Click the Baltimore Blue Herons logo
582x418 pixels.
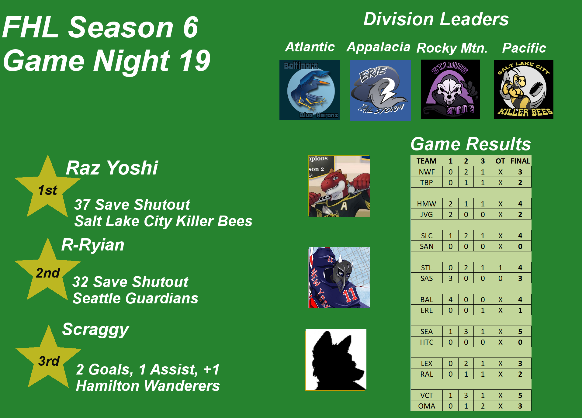[x=310, y=90]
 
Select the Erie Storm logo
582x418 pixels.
[x=380, y=90]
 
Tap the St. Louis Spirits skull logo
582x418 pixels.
[x=450, y=89]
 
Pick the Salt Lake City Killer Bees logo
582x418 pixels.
[x=524, y=89]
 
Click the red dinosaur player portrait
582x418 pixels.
[x=339, y=186]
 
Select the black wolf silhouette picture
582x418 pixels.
[x=336, y=360]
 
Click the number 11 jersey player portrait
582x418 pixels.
[x=339, y=278]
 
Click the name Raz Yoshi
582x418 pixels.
[x=112, y=168]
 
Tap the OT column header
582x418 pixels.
[x=500, y=161]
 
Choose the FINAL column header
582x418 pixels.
[x=520, y=161]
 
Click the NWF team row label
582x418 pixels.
[x=427, y=172]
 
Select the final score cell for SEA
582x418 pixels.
[x=520, y=332]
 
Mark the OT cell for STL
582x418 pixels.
[x=501, y=268]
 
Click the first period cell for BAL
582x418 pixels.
[x=451, y=300]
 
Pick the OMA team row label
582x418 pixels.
[x=427, y=406]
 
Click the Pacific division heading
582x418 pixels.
[x=524, y=48]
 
